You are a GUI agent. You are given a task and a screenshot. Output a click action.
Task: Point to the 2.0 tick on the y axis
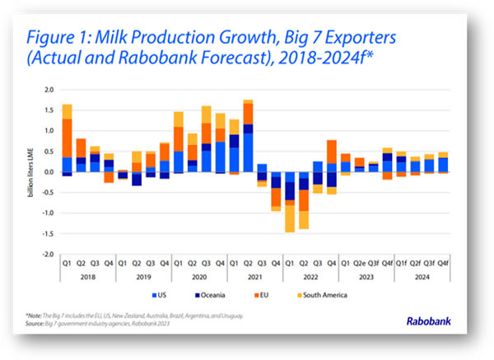point(49,89)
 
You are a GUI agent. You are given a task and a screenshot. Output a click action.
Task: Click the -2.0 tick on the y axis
point(49,255)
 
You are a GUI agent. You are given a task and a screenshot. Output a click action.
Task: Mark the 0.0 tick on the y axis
point(49,171)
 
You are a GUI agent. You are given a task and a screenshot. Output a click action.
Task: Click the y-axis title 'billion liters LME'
point(35,171)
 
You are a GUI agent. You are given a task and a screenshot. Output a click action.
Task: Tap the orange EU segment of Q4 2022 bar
point(332,152)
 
